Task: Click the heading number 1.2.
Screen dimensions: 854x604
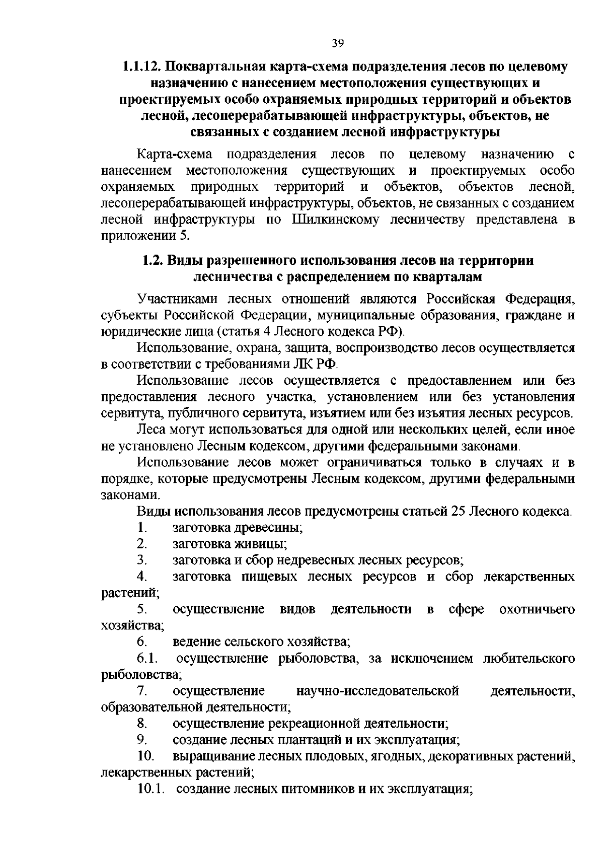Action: tap(152, 260)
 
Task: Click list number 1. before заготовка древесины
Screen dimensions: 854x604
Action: tap(141, 528)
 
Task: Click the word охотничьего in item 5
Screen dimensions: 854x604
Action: tap(536, 609)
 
